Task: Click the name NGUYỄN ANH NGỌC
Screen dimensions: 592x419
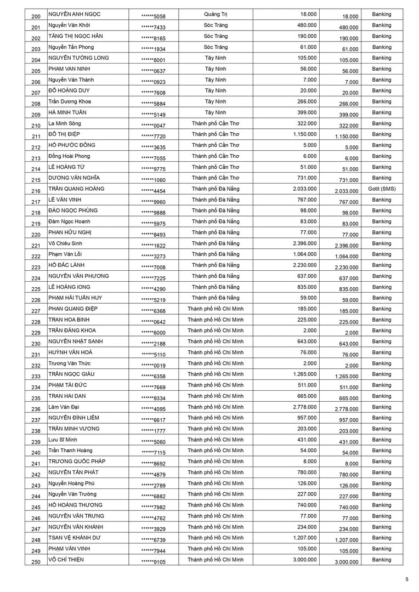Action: click(x=74, y=14)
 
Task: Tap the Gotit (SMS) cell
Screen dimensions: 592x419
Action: click(x=381, y=189)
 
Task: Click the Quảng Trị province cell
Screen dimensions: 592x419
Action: click(x=216, y=14)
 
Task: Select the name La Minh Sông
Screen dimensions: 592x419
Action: click(x=65, y=123)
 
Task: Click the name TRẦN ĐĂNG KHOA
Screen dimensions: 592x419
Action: click(x=72, y=331)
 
